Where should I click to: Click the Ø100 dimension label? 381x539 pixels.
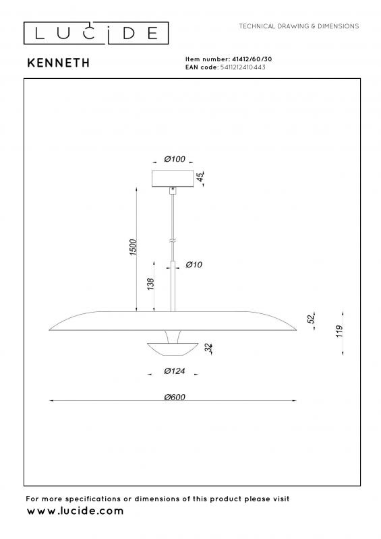(x=175, y=159)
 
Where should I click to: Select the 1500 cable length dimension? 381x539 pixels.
(x=133, y=247)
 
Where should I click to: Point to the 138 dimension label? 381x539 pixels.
(x=150, y=284)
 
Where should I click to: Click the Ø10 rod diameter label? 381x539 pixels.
(x=194, y=264)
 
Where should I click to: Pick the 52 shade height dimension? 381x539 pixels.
(x=311, y=319)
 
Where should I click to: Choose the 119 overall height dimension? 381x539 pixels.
(x=339, y=331)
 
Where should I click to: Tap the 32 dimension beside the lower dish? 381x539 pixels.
(x=208, y=348)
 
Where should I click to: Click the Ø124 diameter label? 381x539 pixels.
(x=175, y=371)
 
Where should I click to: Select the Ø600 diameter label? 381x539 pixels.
(x=175, y=397)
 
